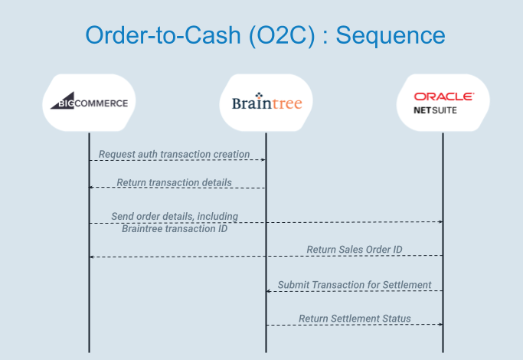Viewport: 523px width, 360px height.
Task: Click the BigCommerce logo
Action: point(89,101)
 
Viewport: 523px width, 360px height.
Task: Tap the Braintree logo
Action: point(266,101)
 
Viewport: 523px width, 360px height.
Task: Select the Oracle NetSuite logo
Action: point(443,103)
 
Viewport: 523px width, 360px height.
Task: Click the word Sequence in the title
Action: point(391,35)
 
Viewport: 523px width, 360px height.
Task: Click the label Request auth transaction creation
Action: point(174,154)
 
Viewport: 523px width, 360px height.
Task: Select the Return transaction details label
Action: point(174,182)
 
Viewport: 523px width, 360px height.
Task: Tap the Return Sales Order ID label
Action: point(355,249)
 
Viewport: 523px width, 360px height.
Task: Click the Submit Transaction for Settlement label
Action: point(355,285)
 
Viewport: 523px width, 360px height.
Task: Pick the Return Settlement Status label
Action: point(355,319)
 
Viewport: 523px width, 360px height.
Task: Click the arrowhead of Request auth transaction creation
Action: point(263,160)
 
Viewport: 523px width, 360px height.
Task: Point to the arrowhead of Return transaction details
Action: point(91,188)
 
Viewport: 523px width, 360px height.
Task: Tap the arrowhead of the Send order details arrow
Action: point(440,221)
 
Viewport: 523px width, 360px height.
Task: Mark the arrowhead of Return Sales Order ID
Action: point(91,257)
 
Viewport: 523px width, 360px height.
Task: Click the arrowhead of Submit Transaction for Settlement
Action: point(269,291)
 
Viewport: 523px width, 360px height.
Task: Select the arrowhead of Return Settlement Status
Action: point(440,324)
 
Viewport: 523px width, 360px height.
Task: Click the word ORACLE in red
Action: point(443,97)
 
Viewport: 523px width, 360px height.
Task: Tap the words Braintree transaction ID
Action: point(175,228)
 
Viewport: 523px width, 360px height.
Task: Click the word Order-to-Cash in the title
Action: point(163,35)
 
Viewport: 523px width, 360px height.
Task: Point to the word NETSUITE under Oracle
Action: point(435,110)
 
